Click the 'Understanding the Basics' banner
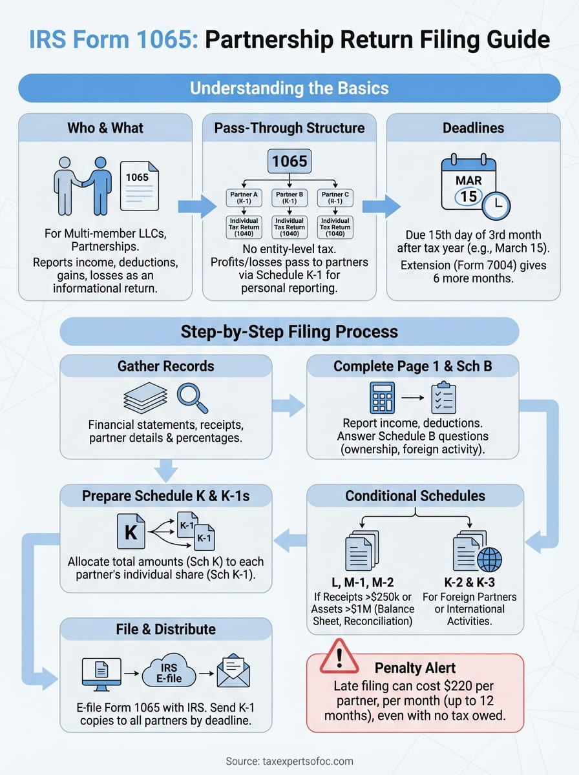[289, 88]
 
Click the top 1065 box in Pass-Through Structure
[289, 161]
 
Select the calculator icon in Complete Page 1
[383, 398]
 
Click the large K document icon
[131, 533]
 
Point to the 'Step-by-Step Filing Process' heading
[289, 332]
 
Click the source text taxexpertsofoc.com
[289, 761]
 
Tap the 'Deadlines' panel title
[473, 127]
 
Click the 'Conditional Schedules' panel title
[414, 496]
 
